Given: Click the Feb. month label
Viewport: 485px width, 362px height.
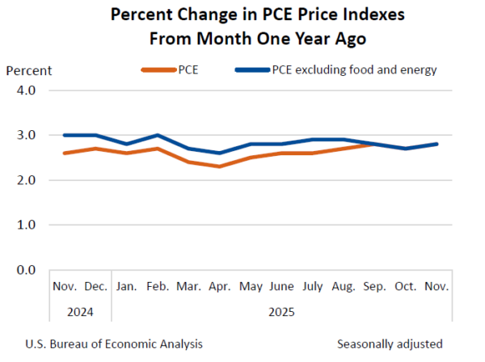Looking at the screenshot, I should point(158,286).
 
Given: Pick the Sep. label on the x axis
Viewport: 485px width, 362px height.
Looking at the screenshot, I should point(375,286).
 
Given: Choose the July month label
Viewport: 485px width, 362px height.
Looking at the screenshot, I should point(313,286).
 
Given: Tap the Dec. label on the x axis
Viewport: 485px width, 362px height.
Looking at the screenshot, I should point(96,286).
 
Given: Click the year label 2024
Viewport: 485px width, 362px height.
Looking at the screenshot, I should point(80,311).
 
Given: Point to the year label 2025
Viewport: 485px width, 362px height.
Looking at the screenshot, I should point(282,311).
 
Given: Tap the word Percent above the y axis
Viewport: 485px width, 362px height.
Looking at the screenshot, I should point(29,69).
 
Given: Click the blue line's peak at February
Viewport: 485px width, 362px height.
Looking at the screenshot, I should point(158,135).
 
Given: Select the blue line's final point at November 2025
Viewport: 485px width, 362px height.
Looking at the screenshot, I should point(437,144).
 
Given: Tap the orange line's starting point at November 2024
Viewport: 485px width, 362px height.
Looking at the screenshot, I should point(65,153).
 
